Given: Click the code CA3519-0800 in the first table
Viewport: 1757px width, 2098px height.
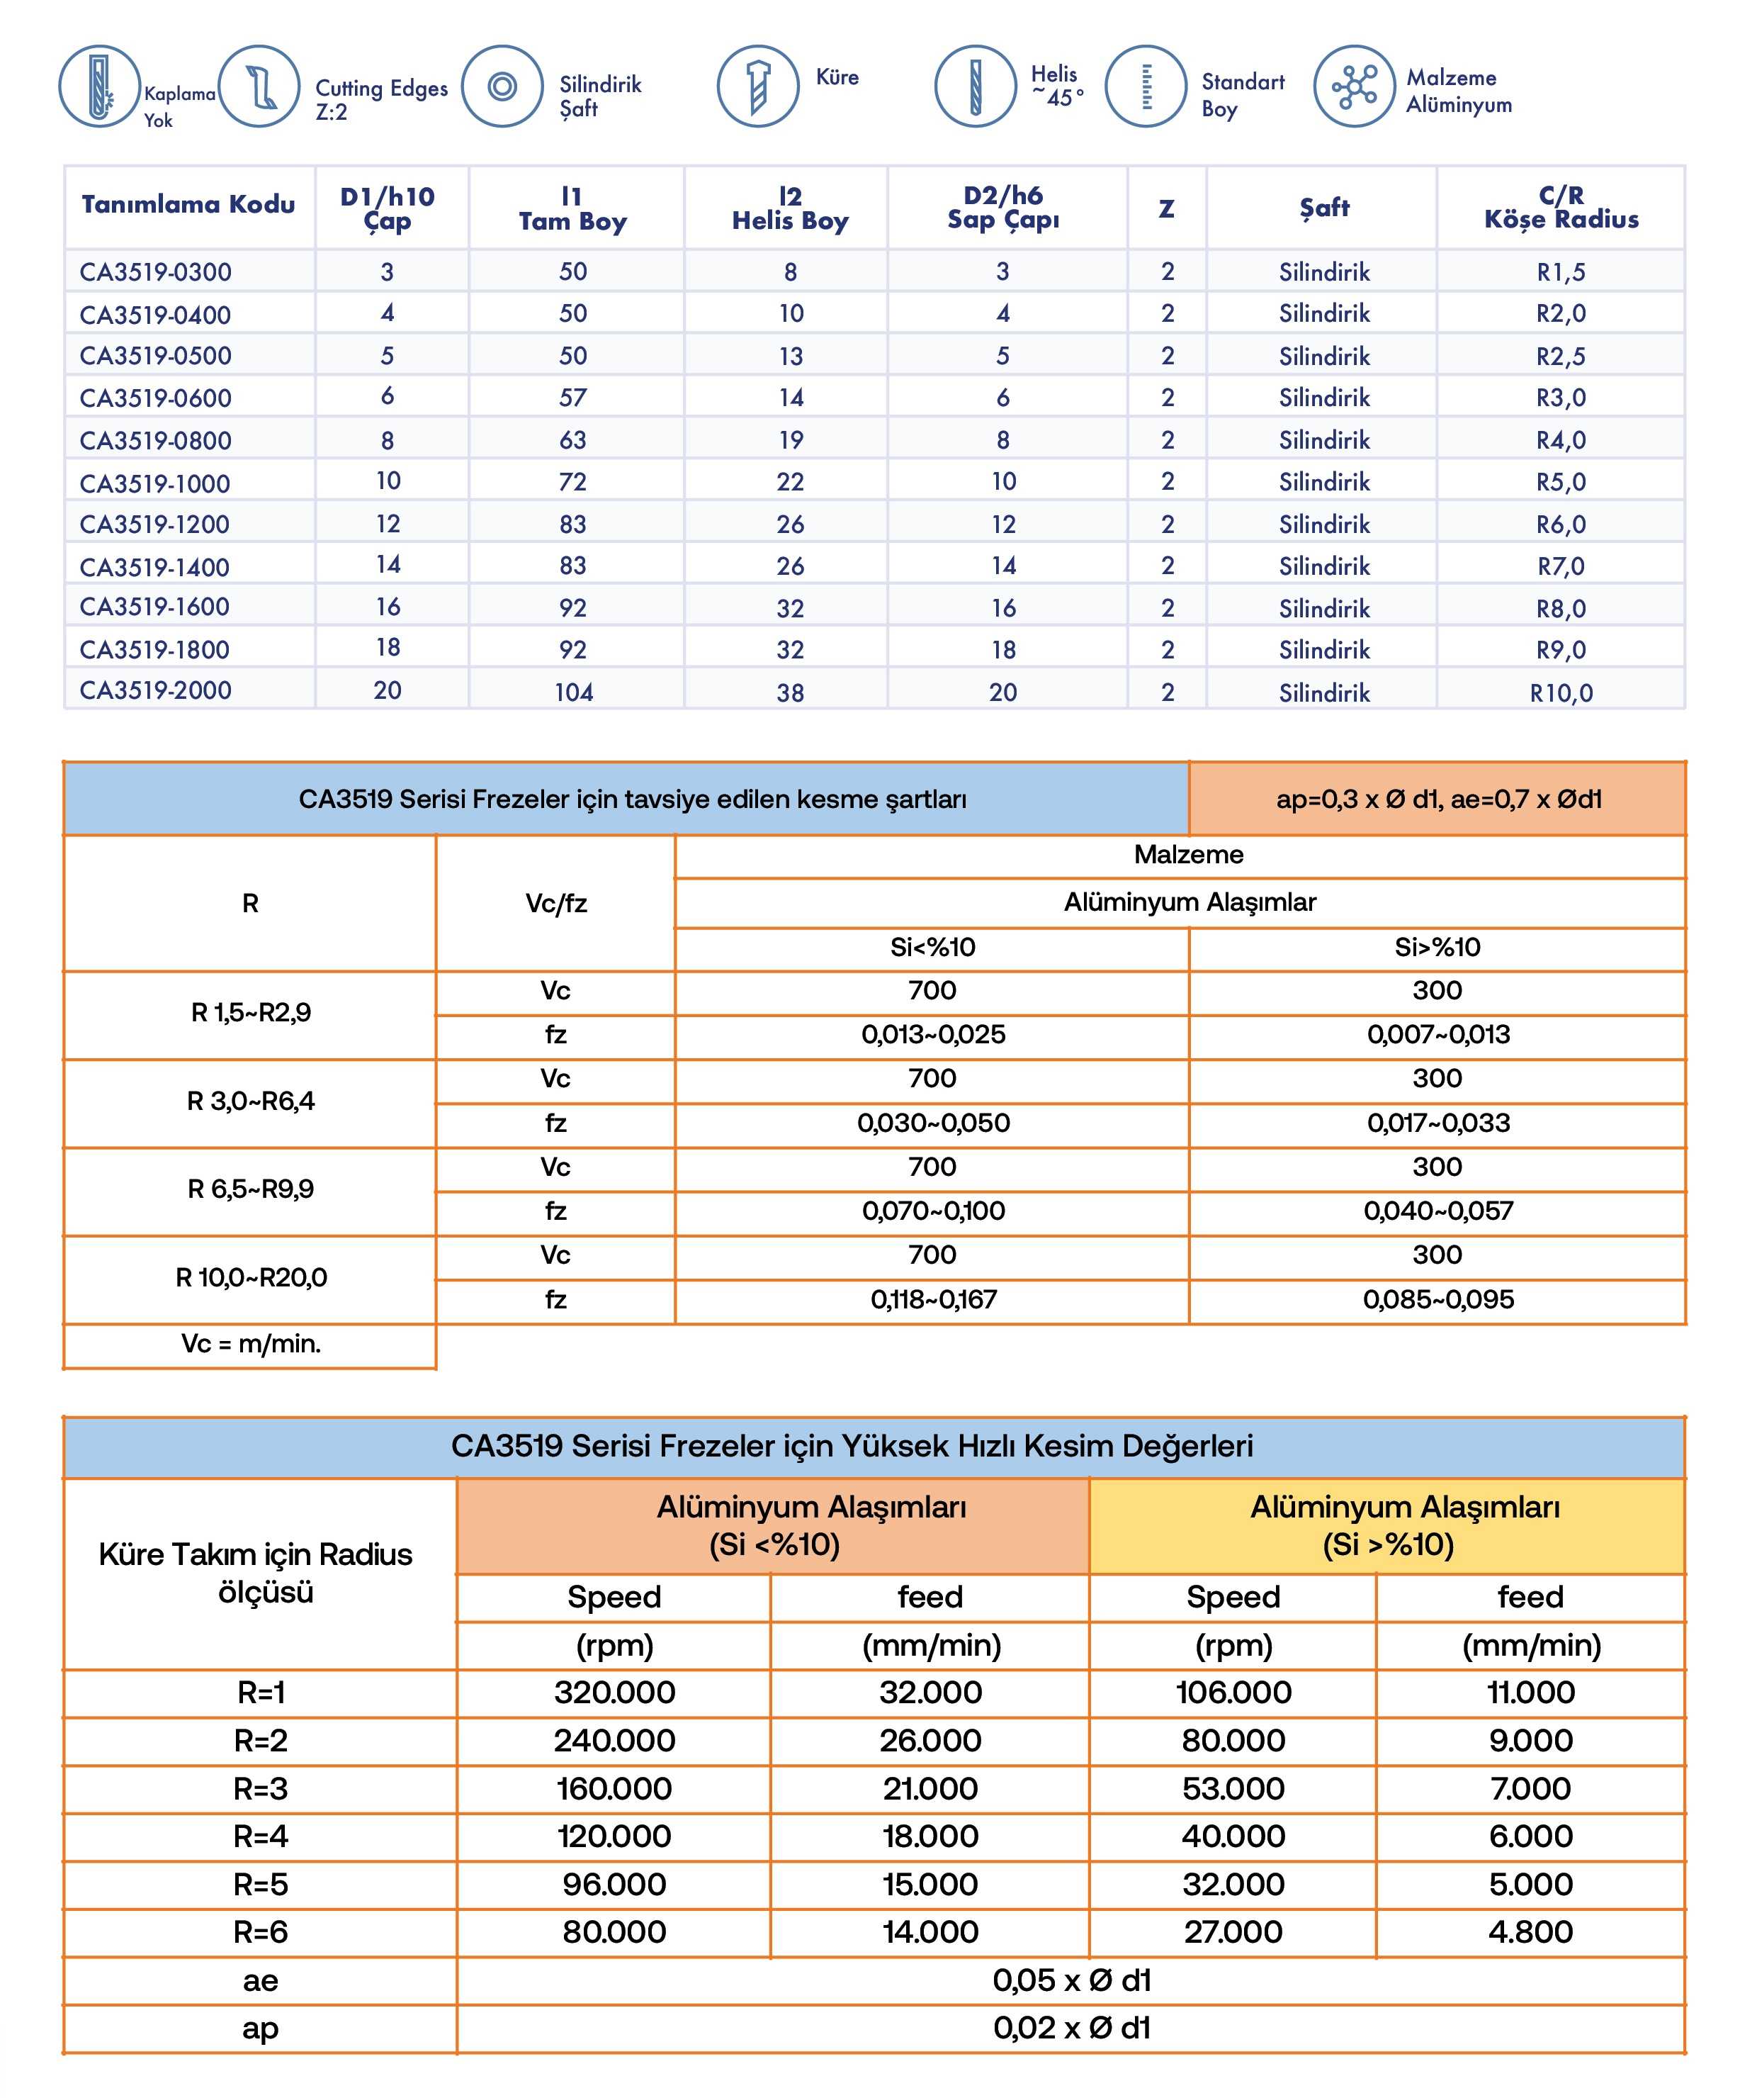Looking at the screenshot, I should [x=155, y=441].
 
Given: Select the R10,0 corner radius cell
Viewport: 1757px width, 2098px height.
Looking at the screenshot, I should [x=1560, y=692].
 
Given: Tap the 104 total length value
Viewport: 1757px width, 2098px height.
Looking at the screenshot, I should [x=573, y=692].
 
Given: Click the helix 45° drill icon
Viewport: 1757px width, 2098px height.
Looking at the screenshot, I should [x=975, y=86].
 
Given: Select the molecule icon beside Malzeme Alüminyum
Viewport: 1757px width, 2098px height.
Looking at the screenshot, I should [x=1353, y=86].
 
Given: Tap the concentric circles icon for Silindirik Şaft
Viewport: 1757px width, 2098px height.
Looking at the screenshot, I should [x=502, y=86].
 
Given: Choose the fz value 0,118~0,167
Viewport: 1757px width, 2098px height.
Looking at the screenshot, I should [x=933, y=1300].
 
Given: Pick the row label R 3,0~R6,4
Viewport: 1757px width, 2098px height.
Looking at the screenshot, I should [x=251, y=1101].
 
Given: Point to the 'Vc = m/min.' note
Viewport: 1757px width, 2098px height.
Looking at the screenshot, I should [x=251, y=1344].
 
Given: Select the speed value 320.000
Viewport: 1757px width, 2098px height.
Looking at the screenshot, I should [x=614, y=1693].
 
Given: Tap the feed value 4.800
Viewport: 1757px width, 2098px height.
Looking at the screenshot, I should [x=1530, y=1932].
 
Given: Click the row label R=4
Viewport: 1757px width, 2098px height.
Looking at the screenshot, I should [x=261, y=1836].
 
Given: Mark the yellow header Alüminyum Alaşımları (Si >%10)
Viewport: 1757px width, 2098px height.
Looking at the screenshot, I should [x=1387, y=1525].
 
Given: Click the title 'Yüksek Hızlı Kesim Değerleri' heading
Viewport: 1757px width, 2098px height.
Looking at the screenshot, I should [x=852, y=1446].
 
